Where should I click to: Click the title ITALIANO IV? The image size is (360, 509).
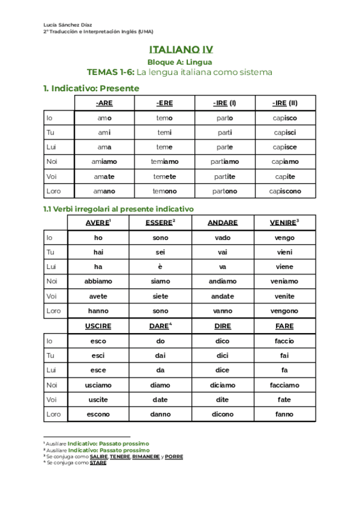click(x=179, y=50)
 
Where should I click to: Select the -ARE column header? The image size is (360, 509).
click(x=104, y=103)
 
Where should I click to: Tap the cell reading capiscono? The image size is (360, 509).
click(x=284, y=191)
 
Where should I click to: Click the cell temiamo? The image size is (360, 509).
click(x=164, y=162)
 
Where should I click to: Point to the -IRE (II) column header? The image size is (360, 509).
click(x=284, y=103)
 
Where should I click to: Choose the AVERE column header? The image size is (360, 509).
click(x=98, y=223)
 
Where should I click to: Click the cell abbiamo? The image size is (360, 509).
click(x=98, y=281)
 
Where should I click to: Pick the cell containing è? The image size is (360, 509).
click(x=160, y=267)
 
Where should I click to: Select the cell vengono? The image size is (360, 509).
click(x=284, y=311)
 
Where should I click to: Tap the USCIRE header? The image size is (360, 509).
click(x=98, y=326)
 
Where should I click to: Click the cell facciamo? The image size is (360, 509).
click(x=284, y=385)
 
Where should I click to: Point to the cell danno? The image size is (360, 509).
click(x=160, y=414)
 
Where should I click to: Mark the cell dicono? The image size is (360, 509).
click(x=222, y=414)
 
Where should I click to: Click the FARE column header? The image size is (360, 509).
click(x=284, y=326)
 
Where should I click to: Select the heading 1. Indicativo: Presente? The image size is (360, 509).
click(x=91, y=88)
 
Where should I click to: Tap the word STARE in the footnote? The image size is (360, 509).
click(x=98, y=463)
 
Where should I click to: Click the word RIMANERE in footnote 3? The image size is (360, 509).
click(x=146, y=457)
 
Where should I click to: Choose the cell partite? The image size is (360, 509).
click(x=225, y=176)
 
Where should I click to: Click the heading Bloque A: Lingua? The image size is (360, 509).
click(x=179, y=62)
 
